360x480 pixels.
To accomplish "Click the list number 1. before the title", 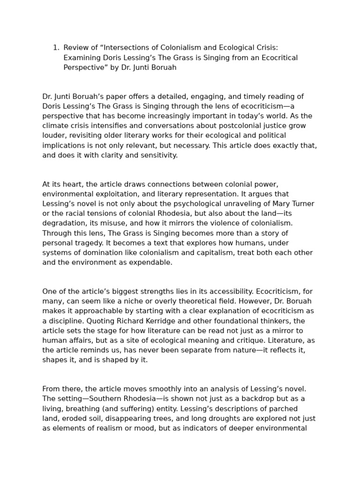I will coord(56,47).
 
